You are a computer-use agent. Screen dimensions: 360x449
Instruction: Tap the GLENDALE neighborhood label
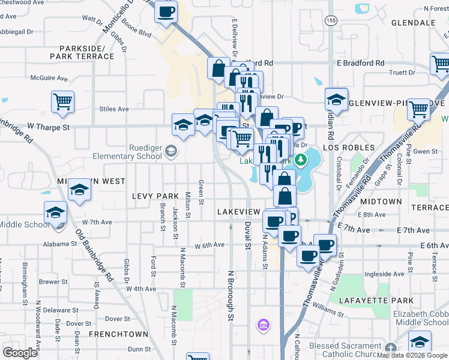pyautogui.click(x=413, y=23)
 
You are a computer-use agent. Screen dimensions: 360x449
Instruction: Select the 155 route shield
pyautogui.click(x=330, y=20)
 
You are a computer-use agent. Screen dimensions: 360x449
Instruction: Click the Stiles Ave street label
pyautogui.click(x=114, y=109)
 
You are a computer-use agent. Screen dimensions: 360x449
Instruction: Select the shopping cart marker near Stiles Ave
pyautogui.click(x=62, y=102)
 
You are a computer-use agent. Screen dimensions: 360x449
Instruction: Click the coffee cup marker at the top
pyautogui.click(x=166, y=11)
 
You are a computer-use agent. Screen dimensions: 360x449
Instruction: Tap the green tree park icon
pyautogui.click(x=300, y=160)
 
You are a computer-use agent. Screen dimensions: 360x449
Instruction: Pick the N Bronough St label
pyautogui.click(x=230, y=297)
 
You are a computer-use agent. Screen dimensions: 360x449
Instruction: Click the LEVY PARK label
pyautogui.click(x=155, y=196)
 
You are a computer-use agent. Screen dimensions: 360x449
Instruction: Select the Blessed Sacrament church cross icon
pyautogui.click(x=391, y=347)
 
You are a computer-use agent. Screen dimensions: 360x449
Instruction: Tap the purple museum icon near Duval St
pyautogui.click(x=262, y=326)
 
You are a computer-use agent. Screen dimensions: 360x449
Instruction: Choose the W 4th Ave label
pyautogui.click(x=140, y=289)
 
